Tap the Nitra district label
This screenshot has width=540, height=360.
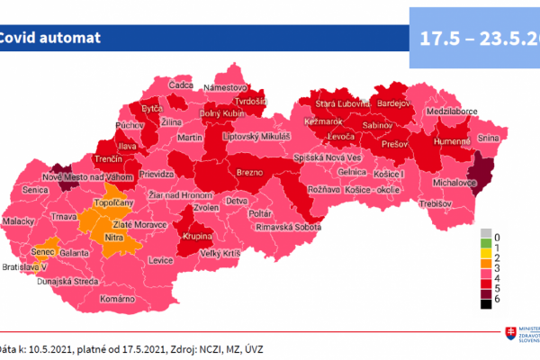114,237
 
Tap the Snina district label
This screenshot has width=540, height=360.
488,138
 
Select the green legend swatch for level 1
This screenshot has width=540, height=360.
484,244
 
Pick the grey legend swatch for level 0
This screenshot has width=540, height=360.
484,234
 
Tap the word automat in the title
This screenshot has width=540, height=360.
70,38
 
